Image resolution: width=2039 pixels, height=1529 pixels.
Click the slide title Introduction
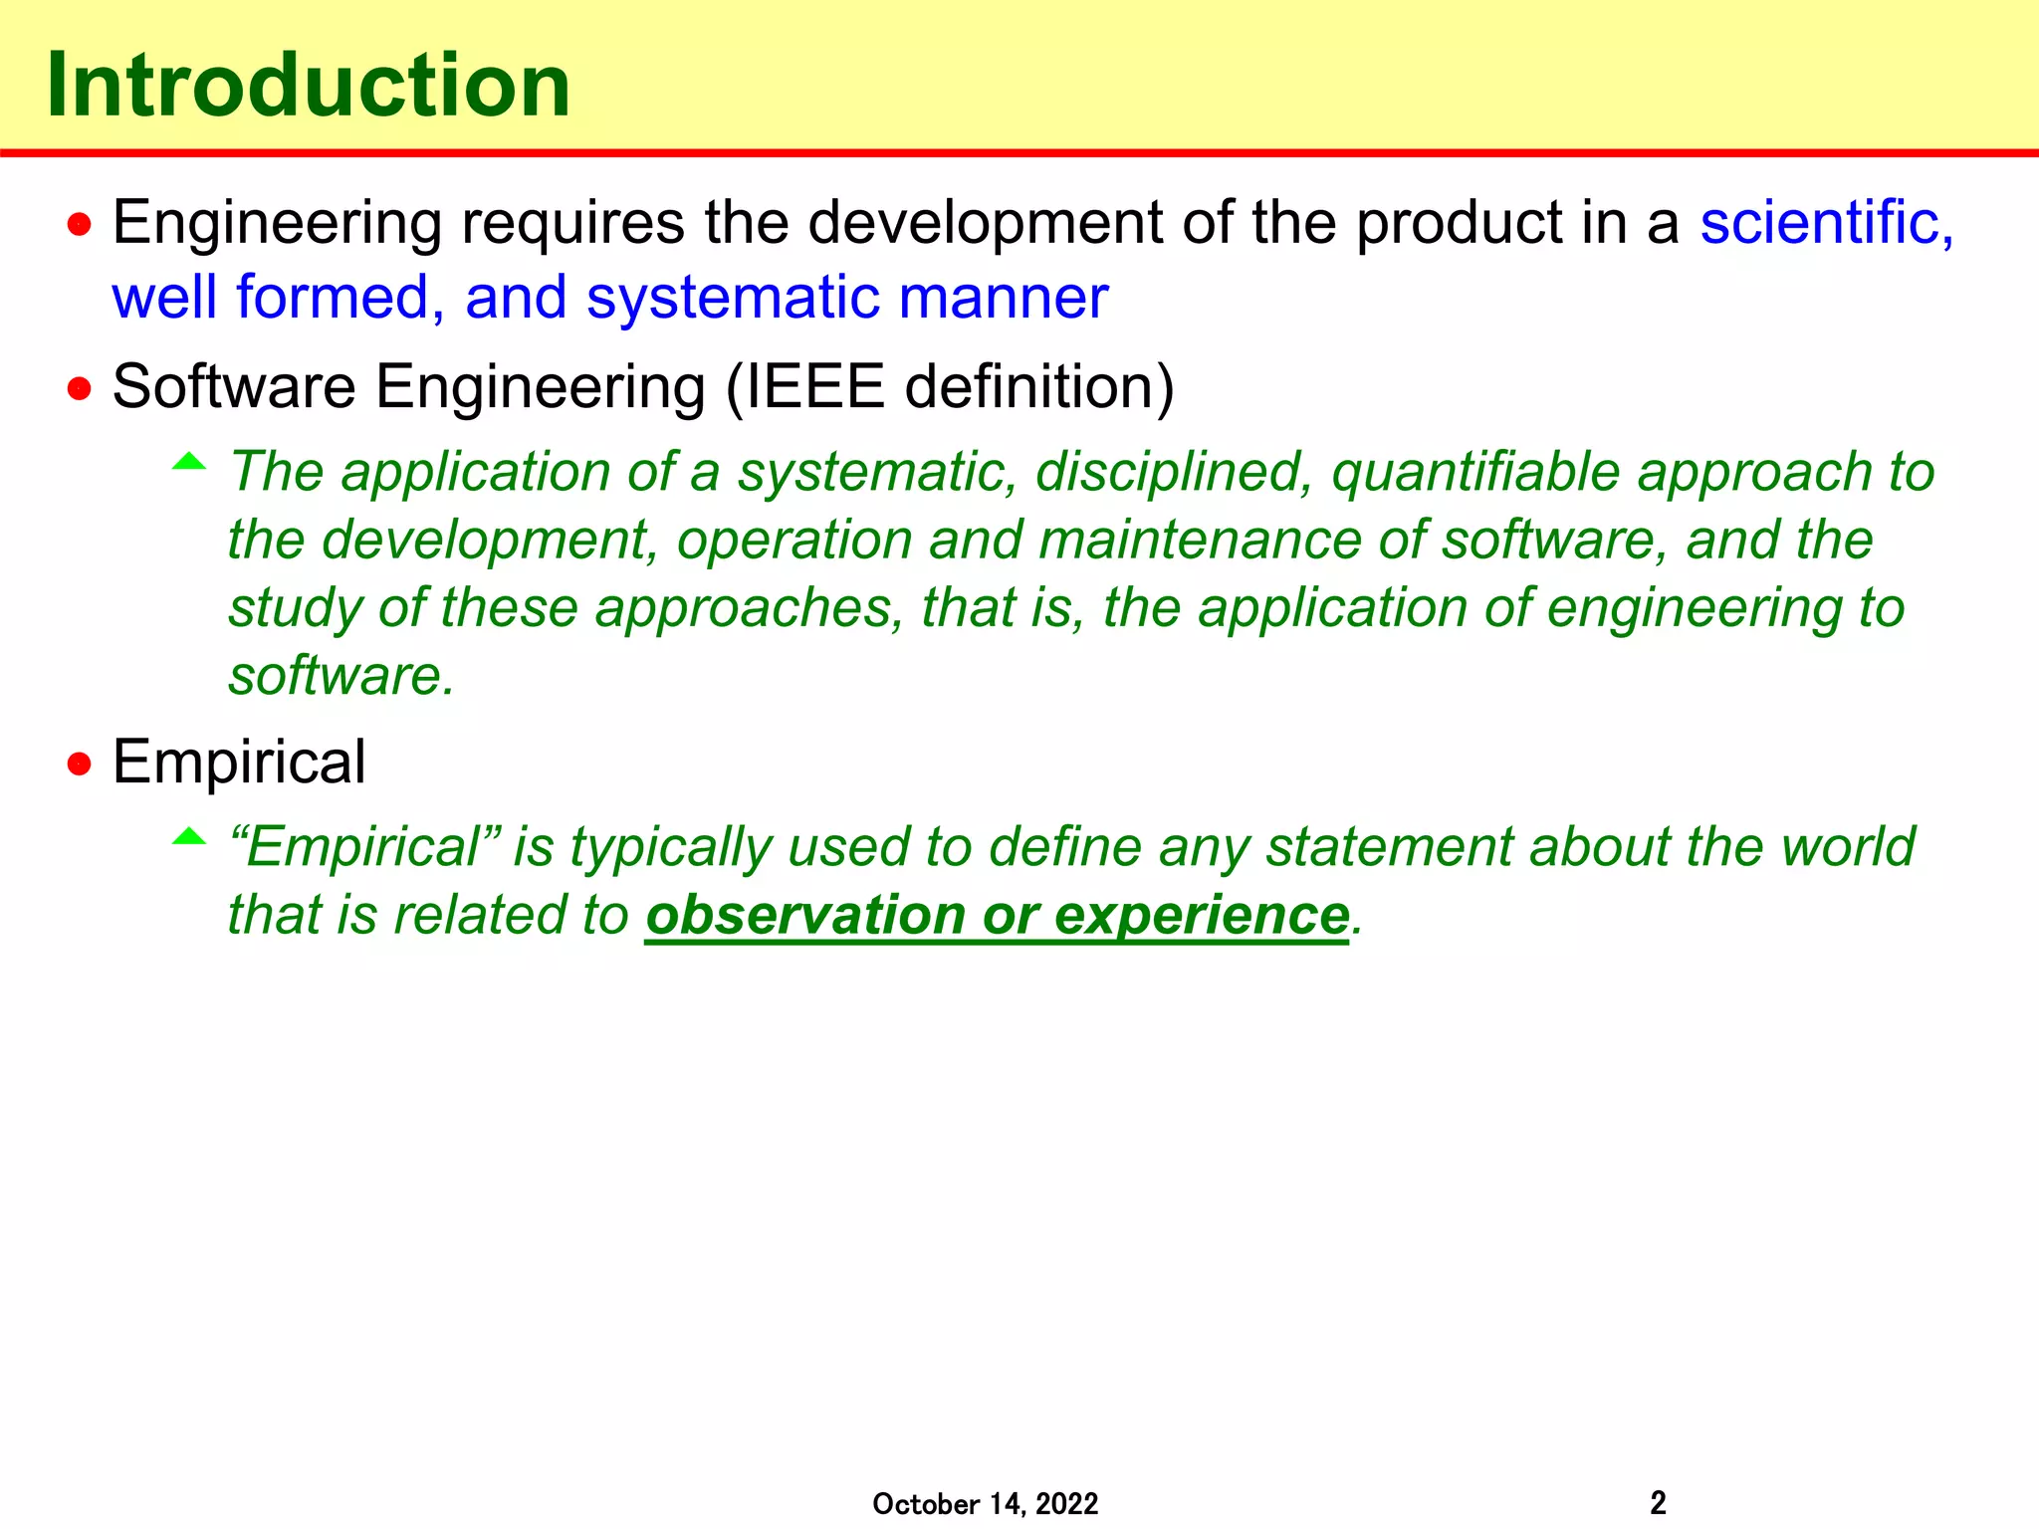click(309, 86)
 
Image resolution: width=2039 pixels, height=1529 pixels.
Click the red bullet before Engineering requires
click(80, 225)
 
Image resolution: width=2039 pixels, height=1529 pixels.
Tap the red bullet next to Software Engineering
click(80, 388)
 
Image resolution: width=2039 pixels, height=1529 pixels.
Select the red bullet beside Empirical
click(80, 764)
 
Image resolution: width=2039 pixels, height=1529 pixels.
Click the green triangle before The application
click(189, 462)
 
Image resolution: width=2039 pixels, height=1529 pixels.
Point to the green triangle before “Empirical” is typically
click(189, 837)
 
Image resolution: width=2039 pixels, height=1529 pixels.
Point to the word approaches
click(750, 608)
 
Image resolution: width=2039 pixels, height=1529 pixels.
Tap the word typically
click(671, 848)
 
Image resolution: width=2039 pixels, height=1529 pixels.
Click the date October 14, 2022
click(985, 1503)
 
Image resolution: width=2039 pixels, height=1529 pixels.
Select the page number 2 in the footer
click(1658, 1502)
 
